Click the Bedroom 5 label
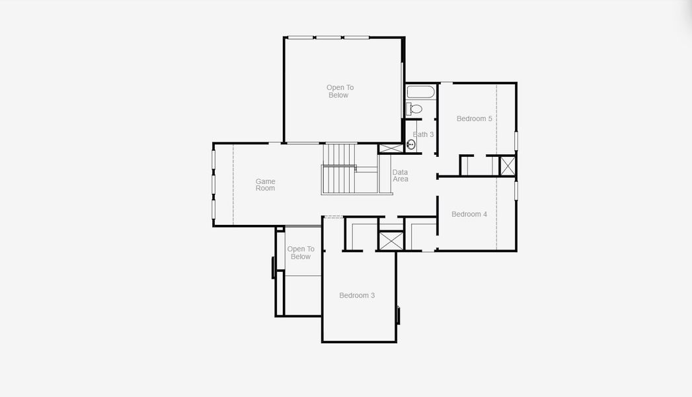tap(474, 119)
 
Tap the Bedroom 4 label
tap(469, 214)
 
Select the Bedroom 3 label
tap(357, 295)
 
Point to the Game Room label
tap(265, 185)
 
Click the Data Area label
tap(400, 176)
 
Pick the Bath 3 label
tap(423, 134)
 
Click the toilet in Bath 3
tap(415, 109)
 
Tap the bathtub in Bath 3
tap(420, 92)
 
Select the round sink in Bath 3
tap(410, 144)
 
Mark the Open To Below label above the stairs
tap(340, 91)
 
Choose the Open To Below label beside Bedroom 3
tap(301, 253)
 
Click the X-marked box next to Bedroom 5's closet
tap(507, 165)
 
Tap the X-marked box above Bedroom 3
tap(391, 240)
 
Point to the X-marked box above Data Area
tap(389, 150)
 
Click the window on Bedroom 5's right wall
tap(516, 141)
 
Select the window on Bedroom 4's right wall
tap(516, 190)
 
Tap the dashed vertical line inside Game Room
tap(233, 185)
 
